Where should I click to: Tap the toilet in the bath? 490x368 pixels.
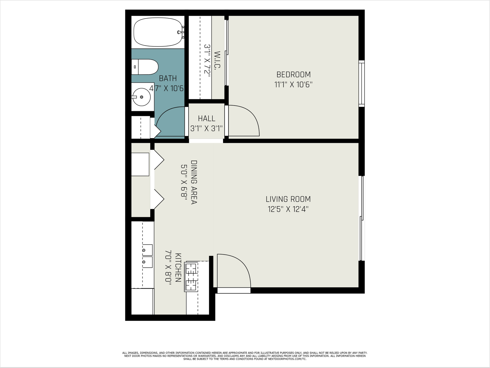[145, 67]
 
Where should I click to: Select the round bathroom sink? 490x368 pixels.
[142, 97]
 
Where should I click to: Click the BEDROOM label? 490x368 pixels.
[293, 74]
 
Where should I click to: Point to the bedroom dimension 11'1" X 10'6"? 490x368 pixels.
[293, 84]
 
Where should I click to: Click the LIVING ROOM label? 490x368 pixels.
[288, 199]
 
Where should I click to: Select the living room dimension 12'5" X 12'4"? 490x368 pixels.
[288, 209]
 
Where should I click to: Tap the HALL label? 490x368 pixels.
[206, 118]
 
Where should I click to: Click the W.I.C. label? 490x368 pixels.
[217, 60]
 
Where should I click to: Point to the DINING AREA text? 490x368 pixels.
[194, 182]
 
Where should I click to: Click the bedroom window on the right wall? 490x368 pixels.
[361, 84]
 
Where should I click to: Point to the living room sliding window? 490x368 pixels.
[361, 218]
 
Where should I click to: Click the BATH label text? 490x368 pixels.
[168, 78]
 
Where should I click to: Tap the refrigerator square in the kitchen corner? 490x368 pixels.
[142, 301]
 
